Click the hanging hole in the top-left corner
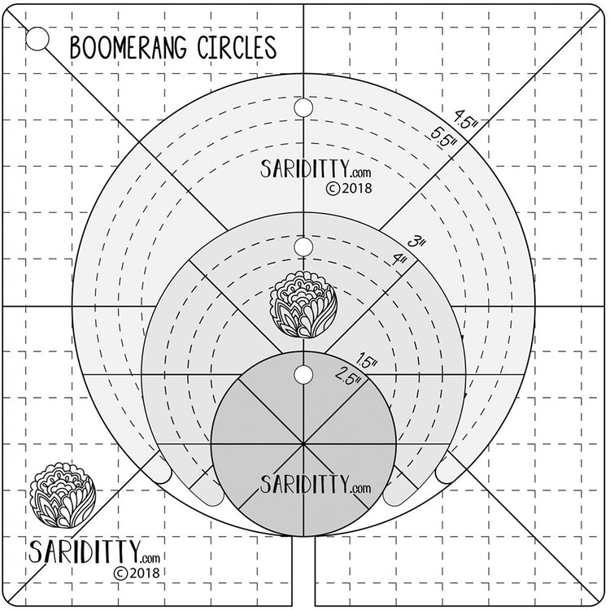coord(36,38)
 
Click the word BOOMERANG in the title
coord(130,47)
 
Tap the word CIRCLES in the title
coord(237,47)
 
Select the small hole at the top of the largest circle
coord(303,107)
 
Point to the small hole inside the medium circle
coord(303,246)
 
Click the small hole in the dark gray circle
coord(303,374)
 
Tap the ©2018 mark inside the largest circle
coord(348,188)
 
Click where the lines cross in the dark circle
coord(303,445)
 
